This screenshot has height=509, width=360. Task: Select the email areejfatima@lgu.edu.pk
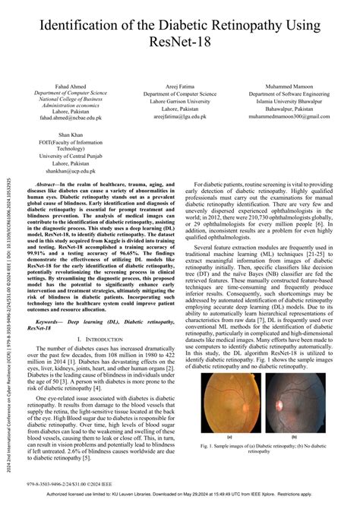(180, 116)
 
